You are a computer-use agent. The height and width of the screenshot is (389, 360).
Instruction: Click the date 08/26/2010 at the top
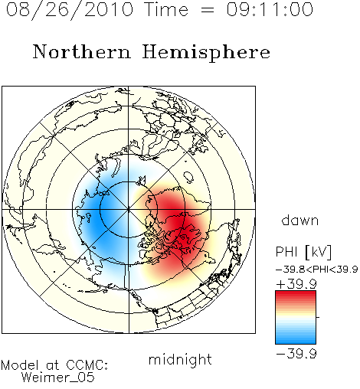70,10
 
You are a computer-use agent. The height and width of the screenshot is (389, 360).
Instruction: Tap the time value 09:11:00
270,9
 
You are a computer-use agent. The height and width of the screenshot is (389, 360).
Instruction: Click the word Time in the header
166,9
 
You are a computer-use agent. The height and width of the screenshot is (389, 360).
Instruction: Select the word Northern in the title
82,51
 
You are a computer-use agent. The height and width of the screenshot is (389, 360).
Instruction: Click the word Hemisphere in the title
206,53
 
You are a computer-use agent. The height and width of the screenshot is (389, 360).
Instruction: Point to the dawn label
300,220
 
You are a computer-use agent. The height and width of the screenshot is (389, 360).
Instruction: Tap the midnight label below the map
180,360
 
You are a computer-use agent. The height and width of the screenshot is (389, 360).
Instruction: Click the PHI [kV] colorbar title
303,252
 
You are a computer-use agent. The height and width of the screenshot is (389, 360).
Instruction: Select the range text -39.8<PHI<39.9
317,270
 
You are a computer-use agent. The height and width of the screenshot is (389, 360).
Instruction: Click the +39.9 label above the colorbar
296,284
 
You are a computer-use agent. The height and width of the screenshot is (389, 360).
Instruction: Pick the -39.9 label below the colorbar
296,354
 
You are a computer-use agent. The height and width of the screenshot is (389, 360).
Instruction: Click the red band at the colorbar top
296,295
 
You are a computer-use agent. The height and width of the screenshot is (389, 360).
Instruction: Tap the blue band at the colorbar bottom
296,339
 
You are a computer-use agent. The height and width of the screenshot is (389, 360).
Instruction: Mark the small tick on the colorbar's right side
318,317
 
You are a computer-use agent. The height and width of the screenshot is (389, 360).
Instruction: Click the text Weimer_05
58,378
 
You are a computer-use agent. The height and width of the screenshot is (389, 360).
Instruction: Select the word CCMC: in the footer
87,365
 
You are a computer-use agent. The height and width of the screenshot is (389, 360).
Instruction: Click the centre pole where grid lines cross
129,209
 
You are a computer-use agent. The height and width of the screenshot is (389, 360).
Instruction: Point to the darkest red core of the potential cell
178,220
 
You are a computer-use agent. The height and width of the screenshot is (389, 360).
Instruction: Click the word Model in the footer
20,365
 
